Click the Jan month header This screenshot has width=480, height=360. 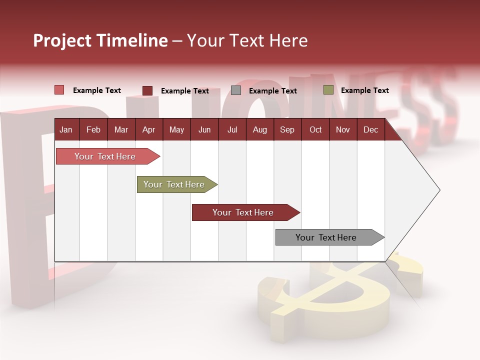(66, 130)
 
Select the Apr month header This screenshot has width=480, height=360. (148, 130)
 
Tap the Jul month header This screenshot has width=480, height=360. (232, 130)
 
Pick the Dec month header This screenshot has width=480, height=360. (370, 130)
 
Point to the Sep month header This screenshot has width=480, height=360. (287, 130)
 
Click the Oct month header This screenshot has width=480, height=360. (315, 130)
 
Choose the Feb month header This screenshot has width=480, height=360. (93, 130)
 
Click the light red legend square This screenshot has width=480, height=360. (59, 90)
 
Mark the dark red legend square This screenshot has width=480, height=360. (147, 90)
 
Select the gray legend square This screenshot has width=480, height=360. (236, 90)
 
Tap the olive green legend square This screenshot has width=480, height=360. (328, 90)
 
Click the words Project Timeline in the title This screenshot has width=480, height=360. (100, 40)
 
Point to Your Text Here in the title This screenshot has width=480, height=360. (247, 40)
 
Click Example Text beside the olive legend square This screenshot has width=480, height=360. (364, 90)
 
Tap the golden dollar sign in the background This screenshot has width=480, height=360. (330, 300)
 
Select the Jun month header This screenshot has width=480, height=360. (204, 130)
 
